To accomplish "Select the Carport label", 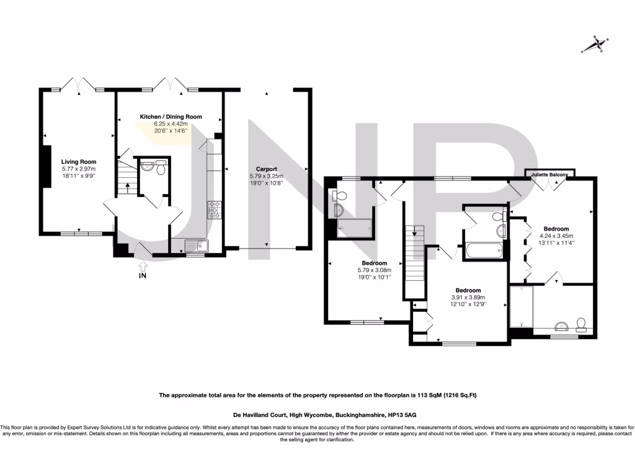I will pos(266,169).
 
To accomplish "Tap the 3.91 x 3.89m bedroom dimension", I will pos(468,297).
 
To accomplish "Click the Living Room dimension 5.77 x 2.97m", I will pos(79,169).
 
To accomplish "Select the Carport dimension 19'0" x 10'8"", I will pos(266,183).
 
